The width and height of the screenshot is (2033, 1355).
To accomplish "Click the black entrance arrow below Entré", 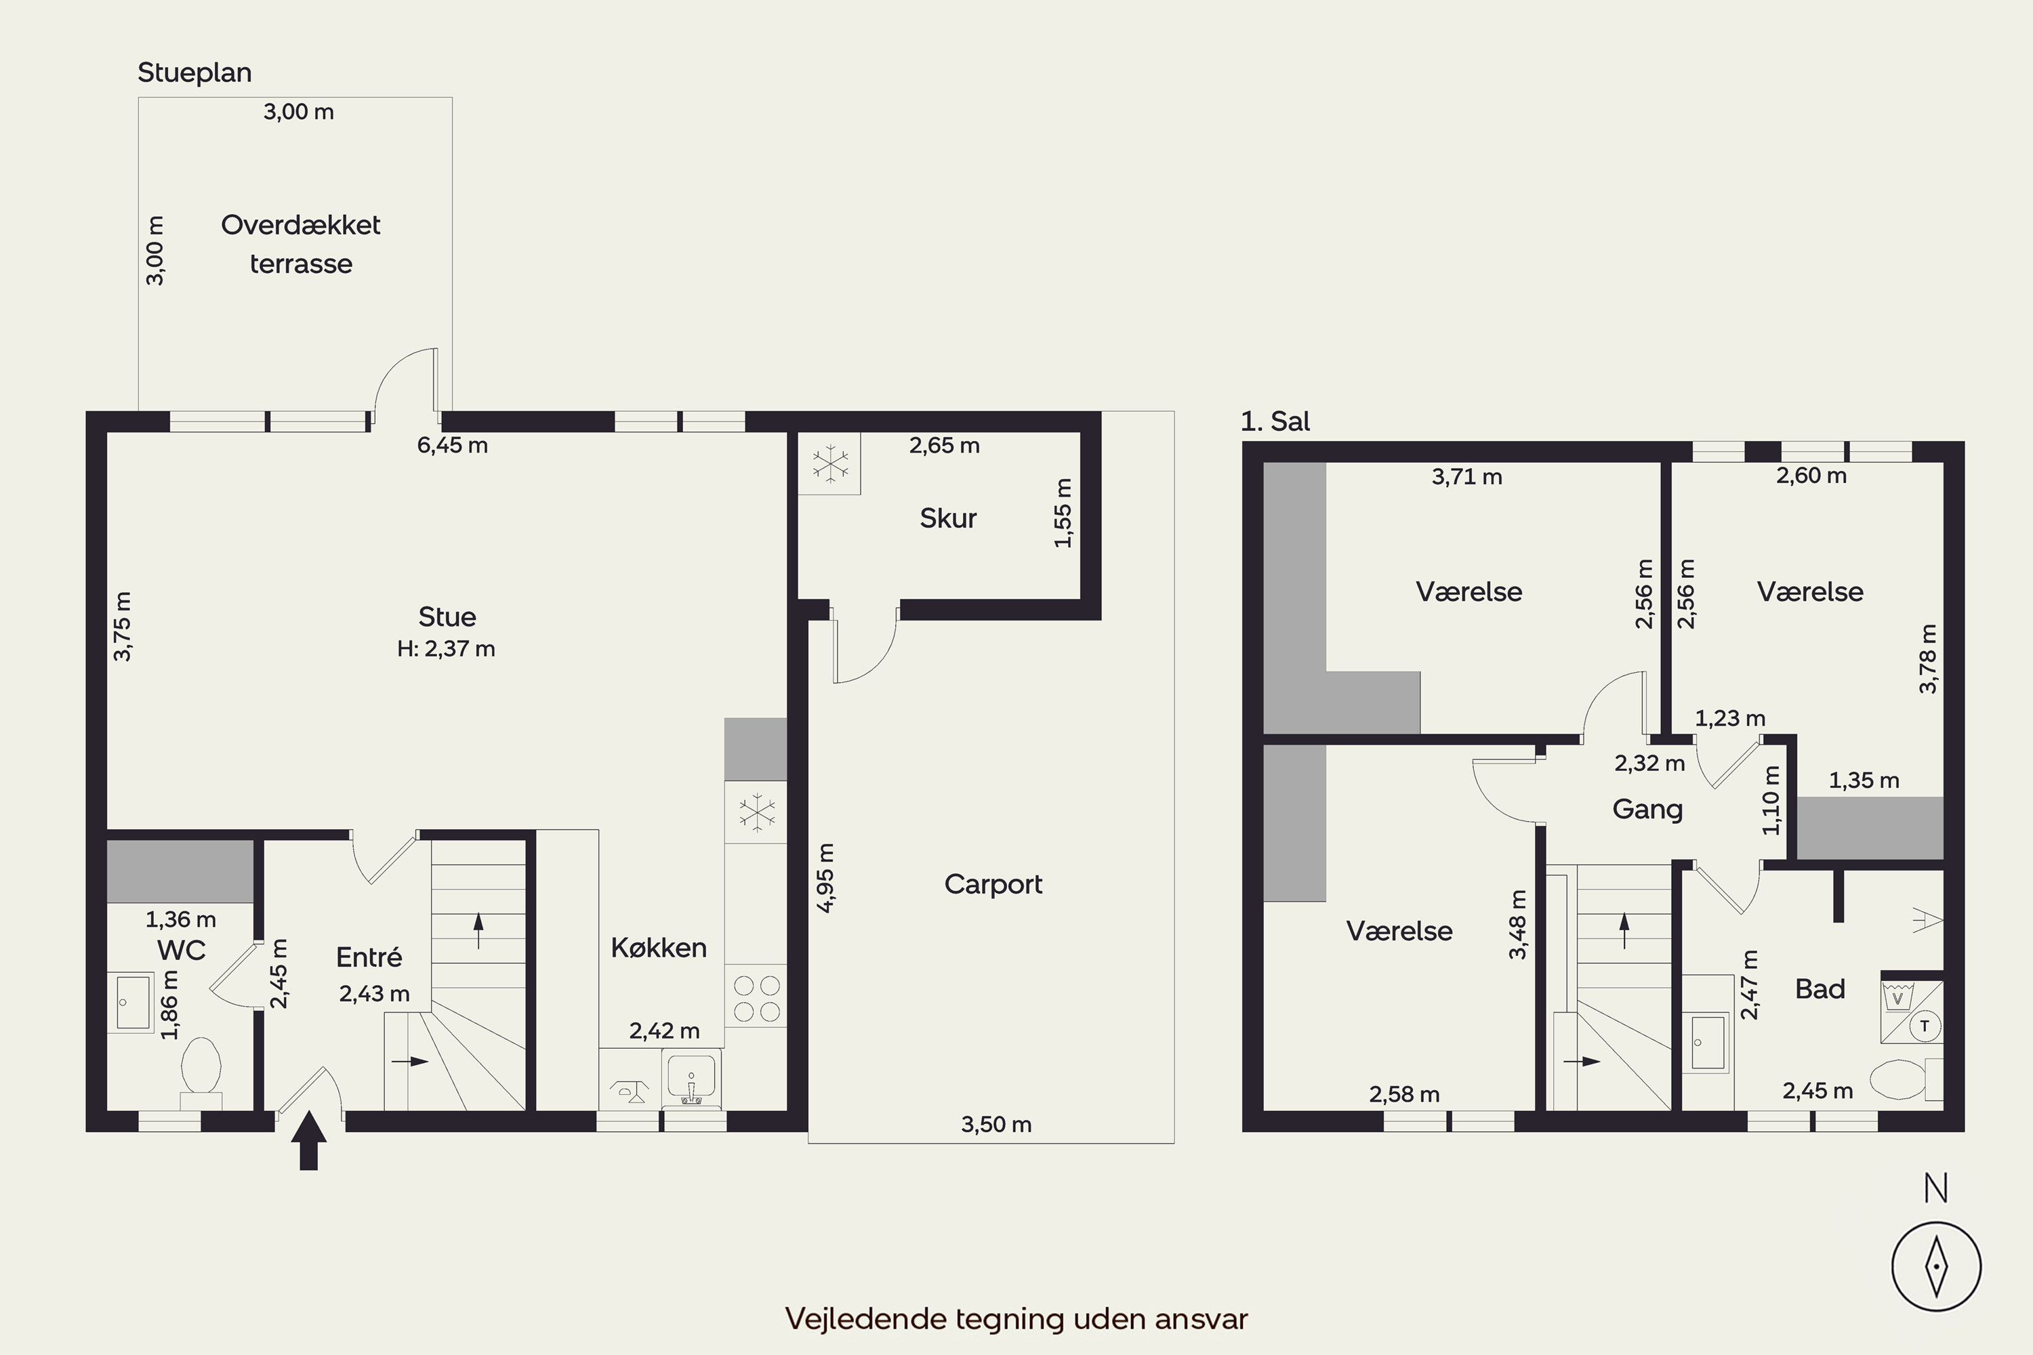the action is point(308,1142).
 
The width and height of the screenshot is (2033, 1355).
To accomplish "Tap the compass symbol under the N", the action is point(1937,1268).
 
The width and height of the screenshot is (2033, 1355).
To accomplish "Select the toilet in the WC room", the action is point(201,1072).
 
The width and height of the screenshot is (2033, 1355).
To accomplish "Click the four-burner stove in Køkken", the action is point(756,997).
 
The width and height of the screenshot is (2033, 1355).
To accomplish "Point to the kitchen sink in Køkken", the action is point(691,1078).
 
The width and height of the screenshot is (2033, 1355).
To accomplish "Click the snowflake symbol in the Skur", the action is point(829,464).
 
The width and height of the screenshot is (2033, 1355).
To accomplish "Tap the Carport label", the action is point(993,884).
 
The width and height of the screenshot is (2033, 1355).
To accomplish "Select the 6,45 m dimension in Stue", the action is point(452,445).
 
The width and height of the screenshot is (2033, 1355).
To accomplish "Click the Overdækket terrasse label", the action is point(301,244).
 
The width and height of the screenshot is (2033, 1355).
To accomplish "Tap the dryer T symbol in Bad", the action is point(1924,1026).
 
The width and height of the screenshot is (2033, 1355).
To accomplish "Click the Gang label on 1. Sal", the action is point(1647,810).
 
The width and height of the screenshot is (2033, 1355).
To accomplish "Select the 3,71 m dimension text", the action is point(1467,477).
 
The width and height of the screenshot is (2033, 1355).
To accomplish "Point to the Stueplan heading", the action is point(194,73).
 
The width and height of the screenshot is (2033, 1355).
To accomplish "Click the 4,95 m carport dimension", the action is point(825,878).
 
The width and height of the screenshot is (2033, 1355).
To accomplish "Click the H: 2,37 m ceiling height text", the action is point(446,649).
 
